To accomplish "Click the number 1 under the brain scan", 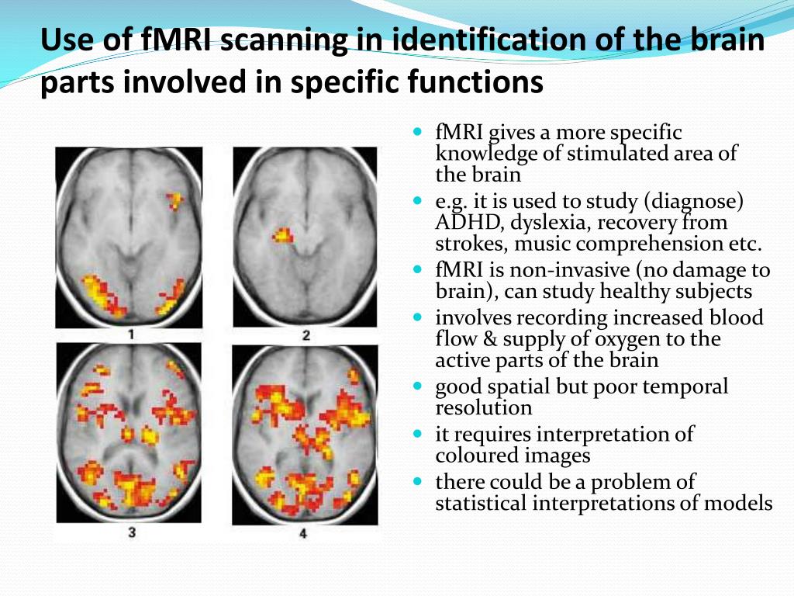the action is [x=131, y=336].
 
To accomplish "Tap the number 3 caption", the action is [x=131, y=534].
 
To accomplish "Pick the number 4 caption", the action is [x=303, y=534].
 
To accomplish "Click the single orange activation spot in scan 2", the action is [x=283, y=234].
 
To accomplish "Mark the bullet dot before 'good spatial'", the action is [x=417, y=385].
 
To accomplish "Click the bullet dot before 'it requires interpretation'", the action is [x=417, y=432].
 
